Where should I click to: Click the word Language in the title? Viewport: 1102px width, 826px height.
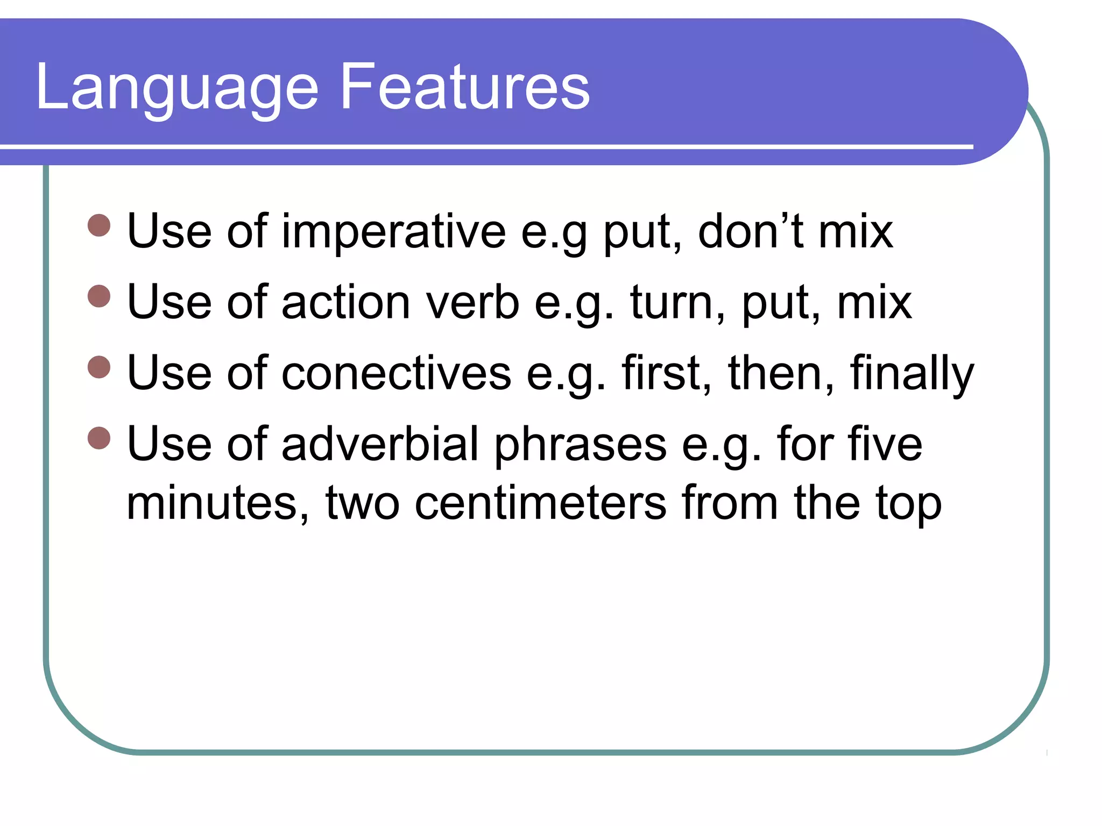click(x=178, y=88)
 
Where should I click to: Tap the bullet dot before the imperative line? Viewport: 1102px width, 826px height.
click(x=99, y=225)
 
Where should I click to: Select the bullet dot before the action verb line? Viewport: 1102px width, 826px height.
click(x=99, y=296)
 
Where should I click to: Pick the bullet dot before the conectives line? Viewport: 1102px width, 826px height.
click(x=99, y=367)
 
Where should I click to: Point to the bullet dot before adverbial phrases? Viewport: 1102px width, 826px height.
click(x=99, y=438)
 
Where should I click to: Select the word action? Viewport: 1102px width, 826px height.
click(x=346, y=302)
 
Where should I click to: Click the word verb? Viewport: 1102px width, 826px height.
click(x=473, y=302)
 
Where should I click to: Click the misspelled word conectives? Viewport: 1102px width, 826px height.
click(x=397, y=373)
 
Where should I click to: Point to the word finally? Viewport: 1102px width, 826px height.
click(x=912, y=373)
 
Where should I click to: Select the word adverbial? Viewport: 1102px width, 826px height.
click(x=380, y=444)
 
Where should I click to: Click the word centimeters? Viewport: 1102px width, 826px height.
click(x=541, y=503)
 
